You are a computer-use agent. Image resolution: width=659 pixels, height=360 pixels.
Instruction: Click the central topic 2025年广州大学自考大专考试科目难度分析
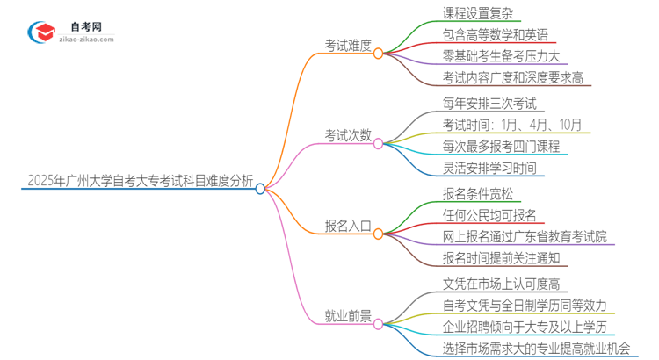(141, 182)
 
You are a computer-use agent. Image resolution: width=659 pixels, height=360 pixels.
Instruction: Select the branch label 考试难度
(348, 46)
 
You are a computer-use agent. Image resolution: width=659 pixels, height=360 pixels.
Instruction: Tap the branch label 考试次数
(348, 136)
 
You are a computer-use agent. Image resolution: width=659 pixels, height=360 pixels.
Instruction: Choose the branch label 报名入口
(348, 227)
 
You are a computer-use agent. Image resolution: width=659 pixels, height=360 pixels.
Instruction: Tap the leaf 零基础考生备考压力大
(502, 56)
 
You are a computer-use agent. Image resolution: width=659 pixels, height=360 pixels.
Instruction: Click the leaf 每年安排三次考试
(489, 104)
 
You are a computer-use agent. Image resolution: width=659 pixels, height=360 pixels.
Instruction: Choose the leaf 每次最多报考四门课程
(502, 147)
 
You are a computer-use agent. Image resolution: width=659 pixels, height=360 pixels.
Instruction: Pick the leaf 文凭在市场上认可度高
(502, 284)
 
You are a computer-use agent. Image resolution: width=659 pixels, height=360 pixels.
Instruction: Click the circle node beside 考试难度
(379, 53)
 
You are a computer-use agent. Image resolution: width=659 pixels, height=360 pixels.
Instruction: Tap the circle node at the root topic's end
(260, 188)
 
